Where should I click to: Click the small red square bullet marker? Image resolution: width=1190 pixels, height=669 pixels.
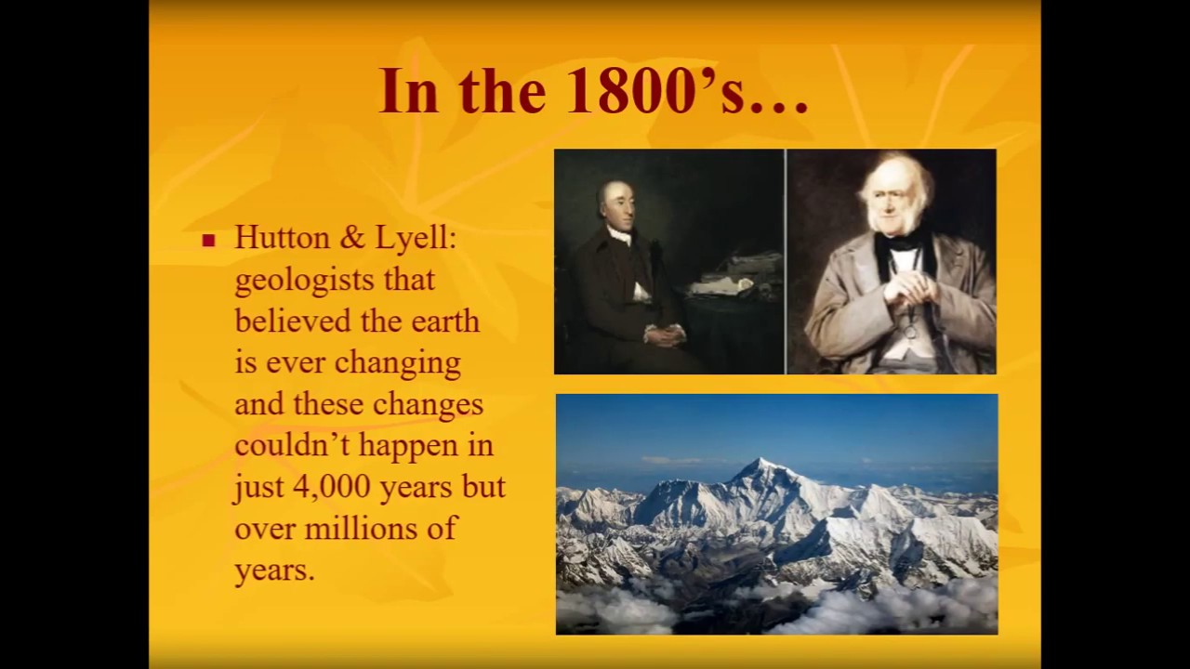[x=208, y=241]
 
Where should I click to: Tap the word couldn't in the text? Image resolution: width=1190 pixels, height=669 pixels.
[x=293, y=445]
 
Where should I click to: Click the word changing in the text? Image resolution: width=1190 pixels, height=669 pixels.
[x=398, y=363]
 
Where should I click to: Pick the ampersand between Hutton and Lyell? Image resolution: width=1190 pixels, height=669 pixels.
[x=351, y=239]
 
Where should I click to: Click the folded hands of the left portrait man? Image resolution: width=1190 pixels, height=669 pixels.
[x=666, y=332]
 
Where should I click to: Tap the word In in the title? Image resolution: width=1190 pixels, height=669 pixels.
[x=409, y=91]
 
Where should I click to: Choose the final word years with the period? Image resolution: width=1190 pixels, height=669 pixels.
[x=275, y=570]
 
